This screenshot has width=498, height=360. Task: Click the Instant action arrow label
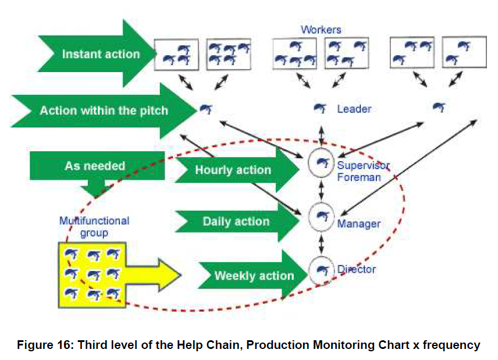pos(101,54)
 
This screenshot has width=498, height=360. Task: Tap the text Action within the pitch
pos(104,111)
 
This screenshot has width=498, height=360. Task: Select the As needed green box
pos(97,166)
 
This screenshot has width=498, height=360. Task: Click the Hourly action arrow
pos(237,170)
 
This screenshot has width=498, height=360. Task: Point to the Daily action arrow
pos(237,221)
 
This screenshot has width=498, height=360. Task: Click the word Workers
pos(321,30)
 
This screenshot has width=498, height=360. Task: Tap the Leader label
pos(354,109)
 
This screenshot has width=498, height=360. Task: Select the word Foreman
pos(359,177)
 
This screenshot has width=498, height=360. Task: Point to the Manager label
pos(358,224)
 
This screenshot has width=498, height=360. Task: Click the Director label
pos(357,269)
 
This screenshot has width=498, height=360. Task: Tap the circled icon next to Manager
pos(321,217)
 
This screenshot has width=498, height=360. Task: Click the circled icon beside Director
pos(321,270)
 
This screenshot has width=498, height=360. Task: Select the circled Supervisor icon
pos(321,163)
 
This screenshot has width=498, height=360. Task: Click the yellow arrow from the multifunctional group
pos(154,275)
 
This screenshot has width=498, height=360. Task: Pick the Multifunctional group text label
pos(94,227)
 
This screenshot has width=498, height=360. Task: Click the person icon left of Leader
pos(320,109)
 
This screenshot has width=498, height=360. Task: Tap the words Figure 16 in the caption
pos(45,345)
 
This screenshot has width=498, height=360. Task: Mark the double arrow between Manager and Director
pos(321,244)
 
